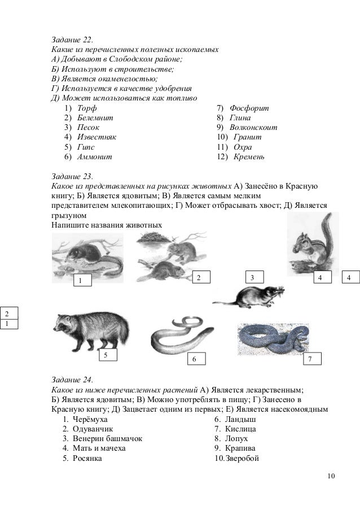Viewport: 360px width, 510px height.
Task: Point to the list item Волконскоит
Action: tap(255, 127)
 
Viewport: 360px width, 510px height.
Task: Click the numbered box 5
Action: tap(106, 355)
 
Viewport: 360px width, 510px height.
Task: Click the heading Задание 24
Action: tap(72, 380)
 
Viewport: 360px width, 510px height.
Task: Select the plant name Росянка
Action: tap(87, 458)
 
